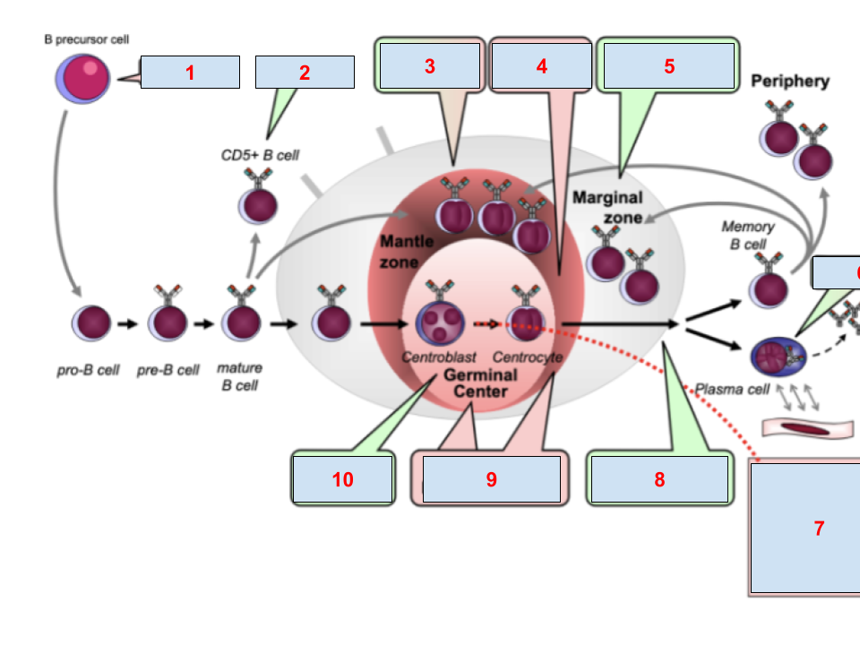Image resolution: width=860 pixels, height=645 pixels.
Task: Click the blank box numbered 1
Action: coord(190,73)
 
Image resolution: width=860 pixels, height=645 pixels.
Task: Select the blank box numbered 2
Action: coord(305,73)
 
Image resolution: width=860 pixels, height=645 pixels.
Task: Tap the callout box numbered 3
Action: coord(430,66)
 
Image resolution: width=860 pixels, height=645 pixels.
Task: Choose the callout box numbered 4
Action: coord(541,66)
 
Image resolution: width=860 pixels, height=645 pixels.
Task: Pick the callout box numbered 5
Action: coord(668,66)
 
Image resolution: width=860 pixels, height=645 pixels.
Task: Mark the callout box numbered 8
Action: coord(658,479)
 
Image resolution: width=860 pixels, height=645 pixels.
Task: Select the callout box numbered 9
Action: coord(491,479)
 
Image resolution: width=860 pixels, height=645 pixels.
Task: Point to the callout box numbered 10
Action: coord(342,479)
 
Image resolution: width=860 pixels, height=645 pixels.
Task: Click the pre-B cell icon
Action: coord(167,322)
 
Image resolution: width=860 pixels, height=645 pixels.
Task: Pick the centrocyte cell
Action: coord(527,320)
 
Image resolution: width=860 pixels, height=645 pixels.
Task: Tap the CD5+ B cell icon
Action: coord(258,202)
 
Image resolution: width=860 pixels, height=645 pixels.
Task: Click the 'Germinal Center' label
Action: coord(479,383)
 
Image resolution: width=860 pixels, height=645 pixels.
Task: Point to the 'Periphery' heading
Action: coord(789,82)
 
